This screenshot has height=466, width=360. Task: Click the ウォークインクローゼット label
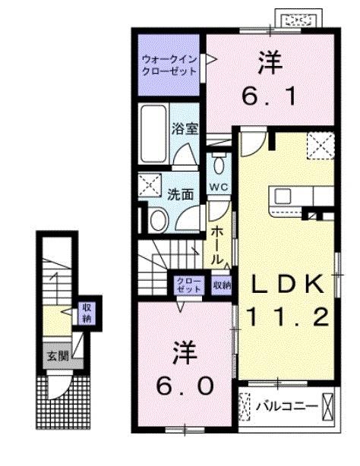[168, 64]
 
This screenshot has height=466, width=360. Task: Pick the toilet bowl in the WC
[219, 164]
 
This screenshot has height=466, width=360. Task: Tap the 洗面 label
[182, 194]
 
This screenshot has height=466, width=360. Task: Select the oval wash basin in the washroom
[158, 220]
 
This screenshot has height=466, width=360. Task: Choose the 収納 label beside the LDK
[222, 285]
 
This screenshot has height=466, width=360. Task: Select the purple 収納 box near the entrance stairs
[86, 312]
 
